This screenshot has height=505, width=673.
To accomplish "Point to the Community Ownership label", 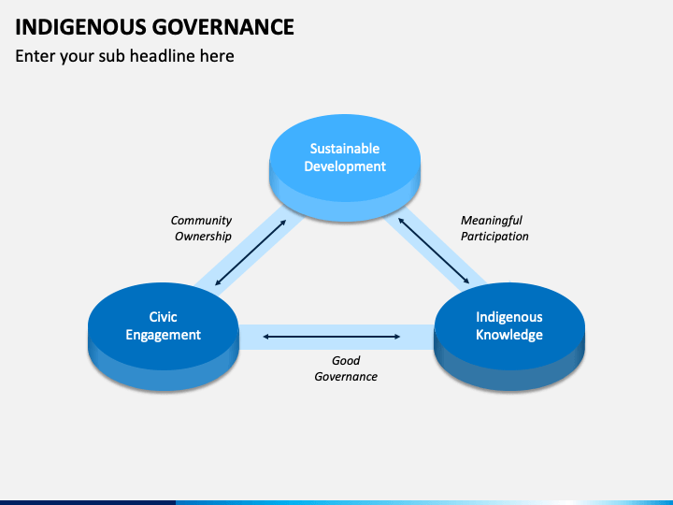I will [202, 229].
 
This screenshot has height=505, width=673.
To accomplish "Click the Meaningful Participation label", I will [494, 229].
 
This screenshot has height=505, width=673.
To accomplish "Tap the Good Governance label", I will [346, 368].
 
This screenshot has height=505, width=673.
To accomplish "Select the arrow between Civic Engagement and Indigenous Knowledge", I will [333, 336].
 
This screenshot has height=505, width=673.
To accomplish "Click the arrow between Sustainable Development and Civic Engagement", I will [251, 253].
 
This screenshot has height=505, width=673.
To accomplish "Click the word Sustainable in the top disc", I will [345, 149].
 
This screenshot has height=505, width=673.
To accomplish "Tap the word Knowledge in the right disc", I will [509, 335].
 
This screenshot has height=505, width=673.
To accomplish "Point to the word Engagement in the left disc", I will [164, 335].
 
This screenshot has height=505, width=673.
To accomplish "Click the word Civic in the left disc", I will [164, 317].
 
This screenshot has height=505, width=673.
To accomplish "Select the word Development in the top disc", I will [345, 166].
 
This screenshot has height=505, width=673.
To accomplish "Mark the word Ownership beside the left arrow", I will [203, 237].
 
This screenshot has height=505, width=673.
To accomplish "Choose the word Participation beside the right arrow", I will [494, 237].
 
